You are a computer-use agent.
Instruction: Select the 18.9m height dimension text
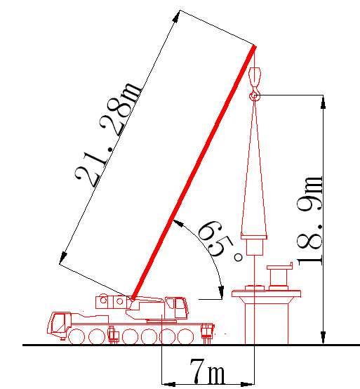[x=310, y=220]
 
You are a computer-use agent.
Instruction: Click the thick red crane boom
[x=194, y=173]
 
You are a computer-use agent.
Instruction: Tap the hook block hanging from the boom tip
[x=255, y=77]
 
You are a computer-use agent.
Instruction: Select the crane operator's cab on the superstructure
[x=177, y=308]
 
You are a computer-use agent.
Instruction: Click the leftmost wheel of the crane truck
[x=76, y=336]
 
